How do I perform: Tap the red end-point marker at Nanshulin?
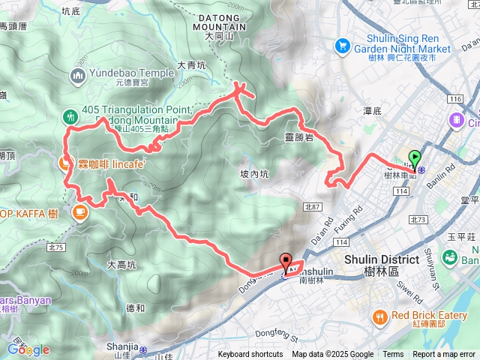(x=286, y=262)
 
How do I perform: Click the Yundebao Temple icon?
(x=79, y=74)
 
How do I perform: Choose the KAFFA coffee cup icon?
(x=79, y=213)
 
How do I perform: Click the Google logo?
(x=28, y=349)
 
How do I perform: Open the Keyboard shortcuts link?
(x=250, y=355)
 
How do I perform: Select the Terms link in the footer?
(x=393, y=355)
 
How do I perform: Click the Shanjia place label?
(x=122, y=346)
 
